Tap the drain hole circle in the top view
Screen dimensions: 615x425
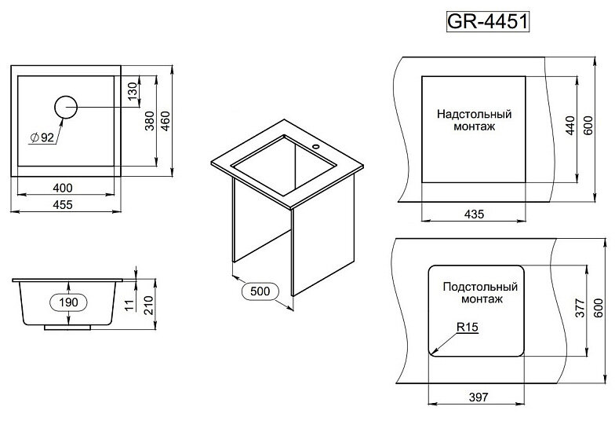[66, 107]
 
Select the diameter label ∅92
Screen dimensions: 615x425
[42, 137]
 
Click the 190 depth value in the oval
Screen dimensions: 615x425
[70, 302]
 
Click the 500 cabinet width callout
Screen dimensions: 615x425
[260, 291]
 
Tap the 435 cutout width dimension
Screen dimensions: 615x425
[475, 214]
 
